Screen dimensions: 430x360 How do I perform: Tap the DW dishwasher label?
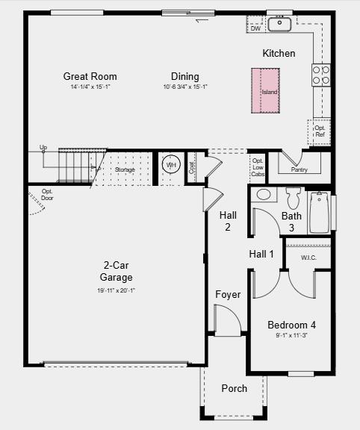pyautogui.click(x=255, y=28)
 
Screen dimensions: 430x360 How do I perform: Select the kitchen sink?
pyautogui.click(x=280, y=24)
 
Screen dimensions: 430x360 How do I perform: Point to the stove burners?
pyautogui.click(x=321, y=74)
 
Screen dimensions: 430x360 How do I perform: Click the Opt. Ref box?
pyautogui.click(x=320, y=131)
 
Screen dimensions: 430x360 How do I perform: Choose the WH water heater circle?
pyautogui.click(x=171, y=165)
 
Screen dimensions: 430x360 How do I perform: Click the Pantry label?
pyautogui.click(x=299, y=169)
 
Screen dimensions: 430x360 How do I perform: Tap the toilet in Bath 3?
pyautogui.click(x=293, y=198)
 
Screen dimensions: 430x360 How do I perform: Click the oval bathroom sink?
pyautogui.click(x=264, y=195)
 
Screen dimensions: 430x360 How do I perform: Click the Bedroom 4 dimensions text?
pyautogui.click(x=291, y=336)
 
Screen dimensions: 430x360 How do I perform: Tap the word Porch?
pyautogui.click(x=234, y=388)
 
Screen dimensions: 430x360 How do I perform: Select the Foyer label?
pyautogui.click(x=228, y=294)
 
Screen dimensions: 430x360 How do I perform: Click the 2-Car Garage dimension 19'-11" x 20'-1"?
pyautogui.click(x=117, y=290)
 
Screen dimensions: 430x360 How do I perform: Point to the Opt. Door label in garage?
pyautogui.click(x=47, y=196)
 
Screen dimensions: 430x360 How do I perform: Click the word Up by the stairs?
pyautogui.click(x=43, y=148)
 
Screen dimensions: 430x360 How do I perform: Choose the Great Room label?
pyautogui.click(x=90, y=76)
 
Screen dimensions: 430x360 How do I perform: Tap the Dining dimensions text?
pyautogui.click(x=184, y=87)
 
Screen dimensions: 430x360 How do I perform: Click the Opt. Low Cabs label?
pyautogui.click(x=258, y=167)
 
